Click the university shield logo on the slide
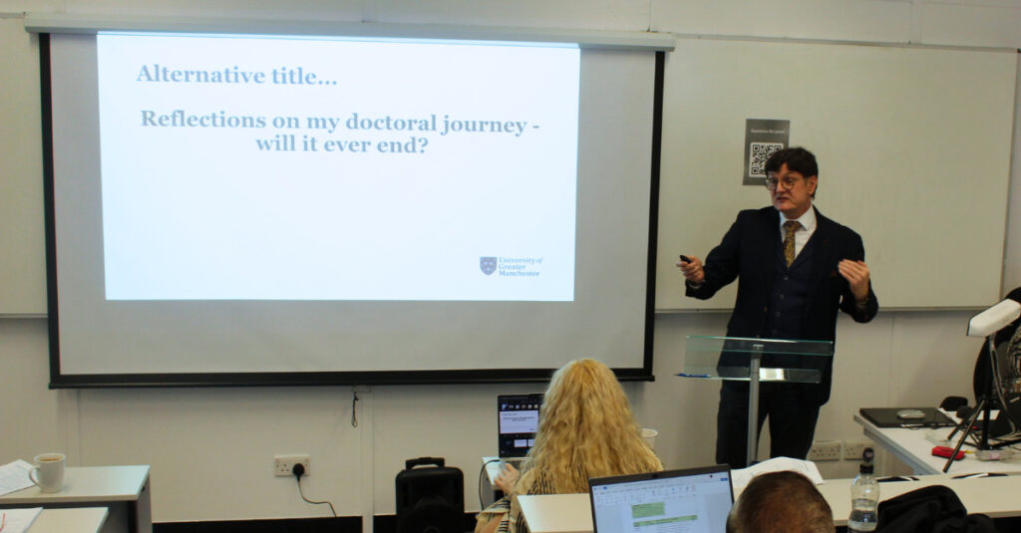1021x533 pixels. pos(488,265)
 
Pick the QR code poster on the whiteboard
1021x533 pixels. pos(765,151)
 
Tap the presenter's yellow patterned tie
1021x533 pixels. pos(790,242)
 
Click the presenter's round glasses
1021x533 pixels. pos(783,182)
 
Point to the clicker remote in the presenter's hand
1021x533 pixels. pos(685,260)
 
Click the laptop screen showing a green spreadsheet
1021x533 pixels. pos(662,502)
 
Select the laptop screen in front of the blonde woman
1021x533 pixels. pos(518,423)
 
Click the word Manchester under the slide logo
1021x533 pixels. pos(519,272)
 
